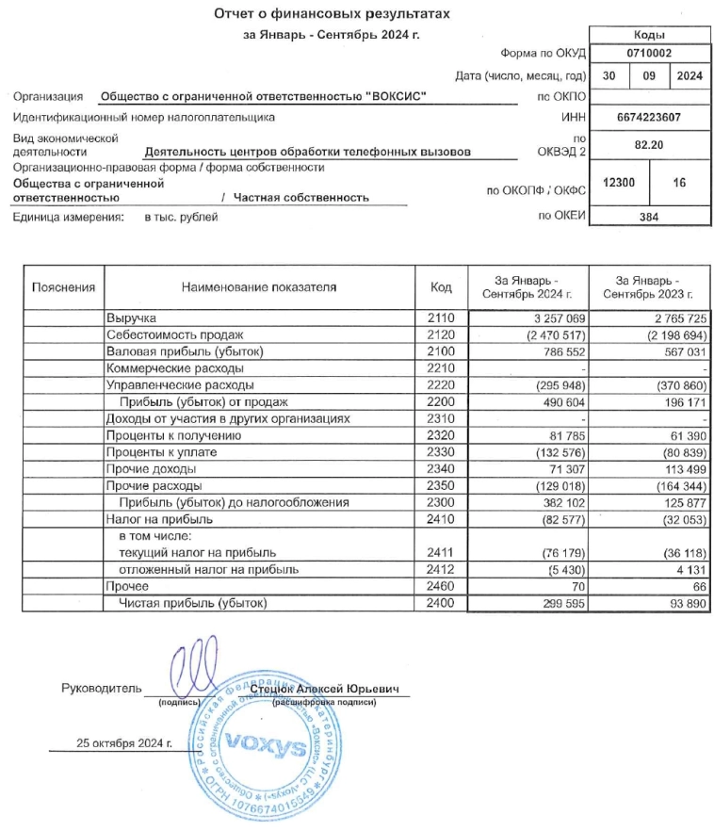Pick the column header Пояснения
(x=63, y=287)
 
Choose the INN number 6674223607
(x=648, y=118)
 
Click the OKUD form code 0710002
(x=648, y=54)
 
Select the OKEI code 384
(x=648, y=218)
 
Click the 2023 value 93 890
(x=682, y=602)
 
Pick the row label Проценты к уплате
(x=156, y=452)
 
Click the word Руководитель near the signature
(x=102, y=689)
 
